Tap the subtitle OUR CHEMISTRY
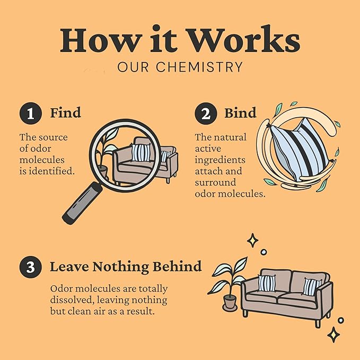point(180,67)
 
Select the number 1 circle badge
point(30,114)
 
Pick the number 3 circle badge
point(30,267)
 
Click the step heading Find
point(65,113)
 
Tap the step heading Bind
point(240,113)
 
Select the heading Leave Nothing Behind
point(126,266)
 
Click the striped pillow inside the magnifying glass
point(141,153)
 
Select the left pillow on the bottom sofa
point(267,283)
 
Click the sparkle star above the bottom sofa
point(253,241)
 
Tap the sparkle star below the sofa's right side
point(333,334)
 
